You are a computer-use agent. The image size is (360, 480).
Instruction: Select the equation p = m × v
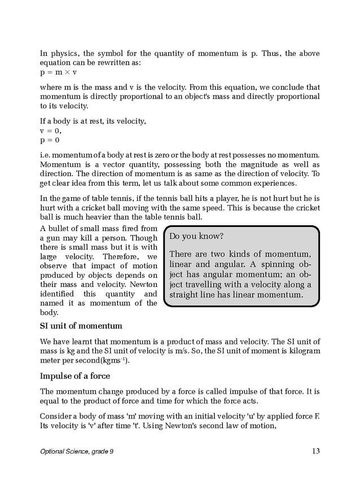point(59,73)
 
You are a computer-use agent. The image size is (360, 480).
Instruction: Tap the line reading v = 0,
point(50,130)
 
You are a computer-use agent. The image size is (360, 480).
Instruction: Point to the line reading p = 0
point(50,140)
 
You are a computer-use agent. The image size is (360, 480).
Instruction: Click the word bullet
point(64,228)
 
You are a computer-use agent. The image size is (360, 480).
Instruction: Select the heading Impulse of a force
point(74,376)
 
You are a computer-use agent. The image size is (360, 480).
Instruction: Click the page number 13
point(315,451)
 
